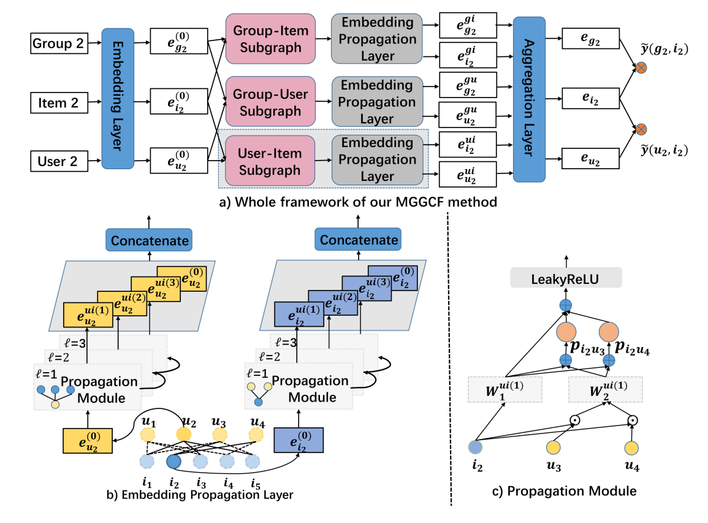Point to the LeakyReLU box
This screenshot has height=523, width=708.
click(566, 279)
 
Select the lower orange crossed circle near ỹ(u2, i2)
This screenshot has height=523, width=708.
click(641, 129)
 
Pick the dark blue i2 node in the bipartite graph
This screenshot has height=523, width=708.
click(174, 460)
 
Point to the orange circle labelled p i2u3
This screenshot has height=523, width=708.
click(565, 333)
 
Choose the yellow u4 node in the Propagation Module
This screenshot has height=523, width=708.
click(633, 448)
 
